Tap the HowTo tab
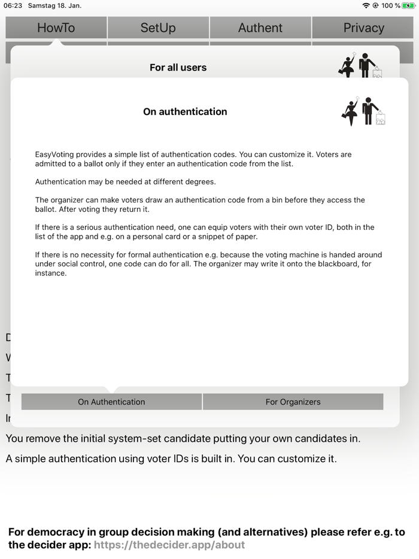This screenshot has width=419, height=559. pyautogui.click(x=56, y=28)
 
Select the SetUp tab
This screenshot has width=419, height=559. pyautogui.click(x=158, y=28)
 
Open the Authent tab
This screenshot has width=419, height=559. pyautogui.click(x=260, y=28)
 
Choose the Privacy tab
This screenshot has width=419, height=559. pyautogui.click(x=363, y=28)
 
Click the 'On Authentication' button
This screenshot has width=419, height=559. pyautogui.click(x=111, y=402)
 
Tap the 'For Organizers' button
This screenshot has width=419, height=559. pyautogui.click(x=293, y=402)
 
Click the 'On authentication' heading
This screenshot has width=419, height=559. pyautogui.click(x=185, y=111)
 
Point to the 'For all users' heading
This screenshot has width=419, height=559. pyautogui.click(x=178, y=68)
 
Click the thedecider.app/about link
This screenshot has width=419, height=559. pyautogui.click(x=169, y=545)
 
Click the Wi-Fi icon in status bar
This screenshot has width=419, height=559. pyautogui.click(x=366, y=5)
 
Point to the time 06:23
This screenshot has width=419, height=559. pyautogui.click(x=13, y=5)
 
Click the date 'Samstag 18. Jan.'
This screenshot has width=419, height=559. pyautogui.click(x=54, y=5)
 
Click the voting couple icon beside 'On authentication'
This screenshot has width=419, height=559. pyautogui.click(x=363, y=111)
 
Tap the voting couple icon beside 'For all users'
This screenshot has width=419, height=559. pyautogui.click(x=360, y=65)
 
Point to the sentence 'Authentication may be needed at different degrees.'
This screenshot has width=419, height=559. pyautogui.click(x=125, y=182)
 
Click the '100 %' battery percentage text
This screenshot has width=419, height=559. pyautogui.click(x=391, y=5)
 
